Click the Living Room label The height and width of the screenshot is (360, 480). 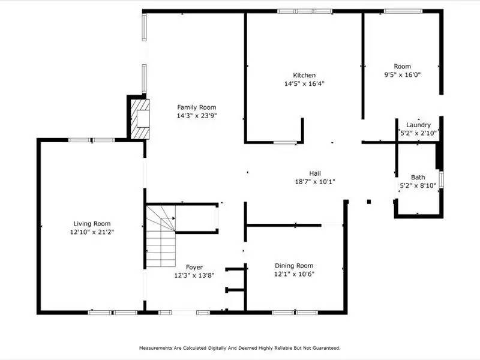[92, 223]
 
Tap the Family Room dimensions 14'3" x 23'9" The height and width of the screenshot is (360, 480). [196, 115]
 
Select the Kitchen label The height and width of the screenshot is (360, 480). [304, 75]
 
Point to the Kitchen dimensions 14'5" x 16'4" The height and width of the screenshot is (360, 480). [304, 83]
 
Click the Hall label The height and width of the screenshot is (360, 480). [315, 172]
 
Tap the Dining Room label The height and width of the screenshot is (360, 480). [294, 266]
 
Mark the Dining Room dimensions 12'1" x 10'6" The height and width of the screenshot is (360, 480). [294, 274]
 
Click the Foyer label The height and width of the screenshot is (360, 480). [194, 267]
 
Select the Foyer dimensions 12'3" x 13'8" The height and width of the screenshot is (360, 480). [194, 275]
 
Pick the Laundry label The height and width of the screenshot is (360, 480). [418, 125]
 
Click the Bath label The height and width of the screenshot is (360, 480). [418, 177]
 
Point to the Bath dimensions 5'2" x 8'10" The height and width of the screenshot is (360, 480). [418, 185]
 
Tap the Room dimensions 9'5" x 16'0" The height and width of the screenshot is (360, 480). [402, 74]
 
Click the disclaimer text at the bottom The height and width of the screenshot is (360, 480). [240, 347]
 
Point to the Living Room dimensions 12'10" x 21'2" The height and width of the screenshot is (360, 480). [92, 232]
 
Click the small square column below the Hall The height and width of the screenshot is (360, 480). [369, 202]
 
